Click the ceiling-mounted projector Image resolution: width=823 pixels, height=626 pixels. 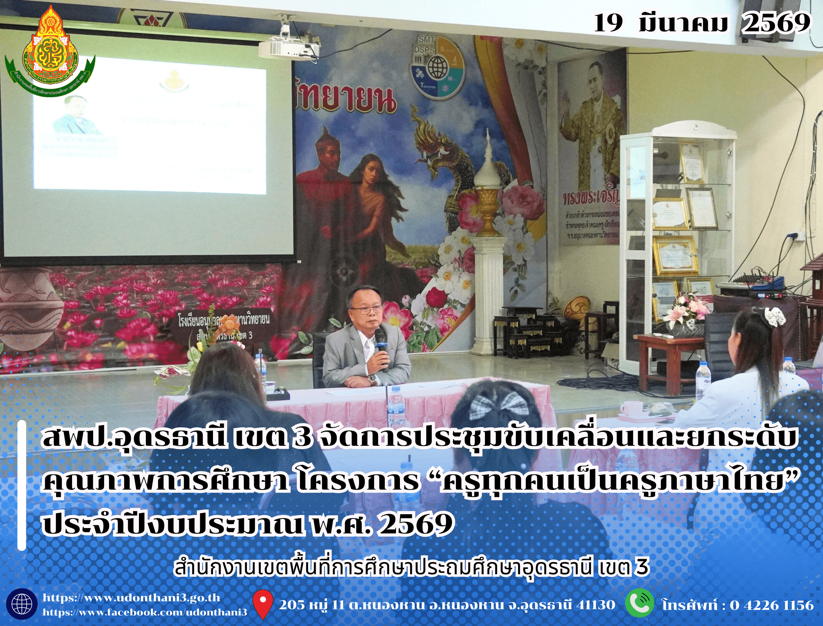click(288, 46)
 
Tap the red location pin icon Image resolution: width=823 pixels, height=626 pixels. click(263, 604)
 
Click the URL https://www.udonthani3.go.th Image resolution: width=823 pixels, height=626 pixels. click(131, 598)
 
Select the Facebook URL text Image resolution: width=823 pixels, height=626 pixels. click(145, 612)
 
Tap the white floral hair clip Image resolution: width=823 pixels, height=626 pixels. click(774, 317)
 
